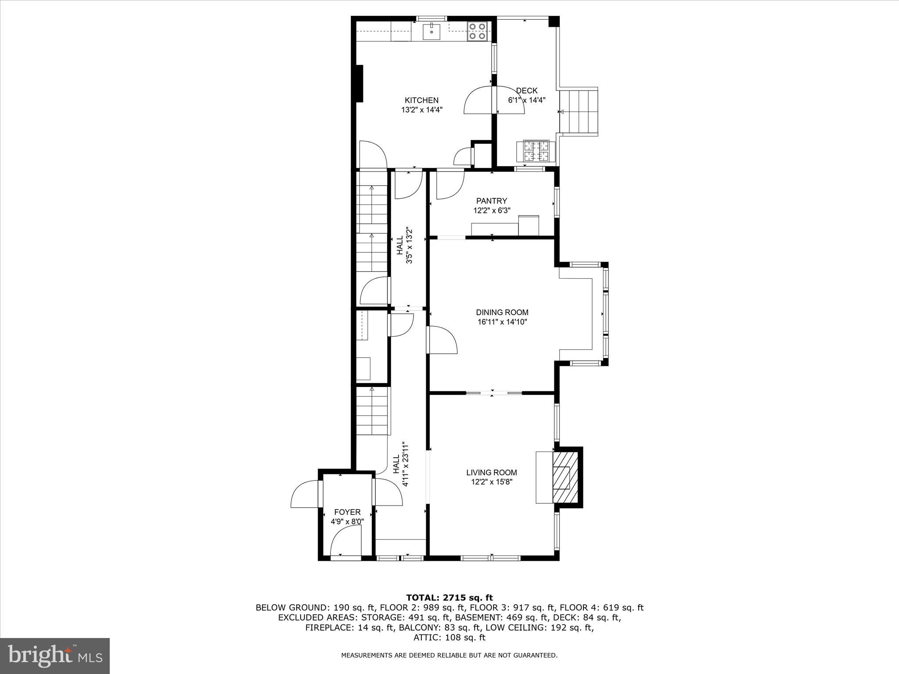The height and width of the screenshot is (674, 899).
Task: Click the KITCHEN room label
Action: tap(421, 100)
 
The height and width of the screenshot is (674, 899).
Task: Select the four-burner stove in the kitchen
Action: tap(477, 32)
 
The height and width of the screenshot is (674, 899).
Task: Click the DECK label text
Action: tap(526, 91)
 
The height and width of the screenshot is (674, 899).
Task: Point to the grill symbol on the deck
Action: tap(536, 151)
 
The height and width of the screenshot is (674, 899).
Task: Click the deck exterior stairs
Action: tap(579, 111)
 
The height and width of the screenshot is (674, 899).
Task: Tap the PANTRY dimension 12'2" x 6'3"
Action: tap(492, 211)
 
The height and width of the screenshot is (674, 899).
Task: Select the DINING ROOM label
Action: tap(502, 312)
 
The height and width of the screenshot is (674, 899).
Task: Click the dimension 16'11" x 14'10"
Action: tap(502, 322)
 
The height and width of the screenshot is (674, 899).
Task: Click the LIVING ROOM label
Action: tap(491, 473)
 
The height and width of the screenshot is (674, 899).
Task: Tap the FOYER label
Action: tap(347, 512)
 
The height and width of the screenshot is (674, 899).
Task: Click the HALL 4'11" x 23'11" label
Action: tap(401, 464)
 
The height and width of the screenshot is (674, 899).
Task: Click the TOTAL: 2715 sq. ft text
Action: tap(449, 598)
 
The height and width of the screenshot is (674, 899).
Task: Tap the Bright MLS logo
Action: tap(55, 656)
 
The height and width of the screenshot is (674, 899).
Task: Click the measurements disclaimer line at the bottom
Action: tap(449, 667)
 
